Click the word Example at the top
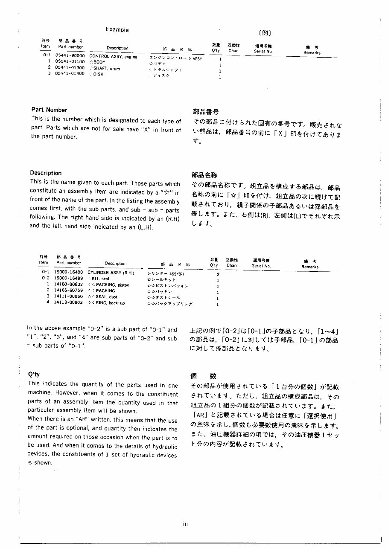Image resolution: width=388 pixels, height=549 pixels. [117, 30]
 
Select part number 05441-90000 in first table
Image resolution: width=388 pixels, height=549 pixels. [70, 56]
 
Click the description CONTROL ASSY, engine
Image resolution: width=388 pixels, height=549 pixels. [113, 56]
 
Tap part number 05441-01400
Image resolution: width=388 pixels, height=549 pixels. [70, 73]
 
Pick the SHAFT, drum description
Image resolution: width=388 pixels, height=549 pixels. [106, 68]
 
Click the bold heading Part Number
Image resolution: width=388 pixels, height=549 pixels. [49, 110]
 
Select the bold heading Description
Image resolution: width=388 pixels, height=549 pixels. [46, 173]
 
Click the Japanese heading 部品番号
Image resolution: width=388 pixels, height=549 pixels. [206, 112]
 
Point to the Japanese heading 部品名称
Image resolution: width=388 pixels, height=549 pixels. [205, 175]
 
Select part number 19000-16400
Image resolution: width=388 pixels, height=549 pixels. [68, 272]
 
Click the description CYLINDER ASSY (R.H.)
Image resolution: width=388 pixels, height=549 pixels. [111, 272]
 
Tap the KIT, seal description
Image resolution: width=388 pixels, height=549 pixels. [100, 278]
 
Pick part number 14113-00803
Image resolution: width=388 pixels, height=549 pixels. [68, 302]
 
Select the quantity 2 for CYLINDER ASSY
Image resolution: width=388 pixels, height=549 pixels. [218, 275]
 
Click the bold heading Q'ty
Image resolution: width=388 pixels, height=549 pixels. [34, 375]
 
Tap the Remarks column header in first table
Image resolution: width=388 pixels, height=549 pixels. [312, 52]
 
